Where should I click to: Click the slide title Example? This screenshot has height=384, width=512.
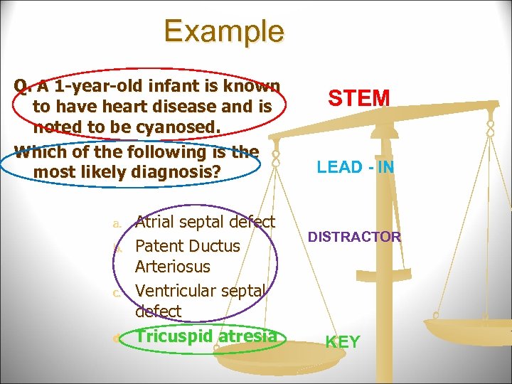(x=224, y=31)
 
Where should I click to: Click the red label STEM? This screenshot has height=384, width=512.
(x=359, y=97)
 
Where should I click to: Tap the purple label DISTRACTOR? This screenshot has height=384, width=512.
(x=354, y=237)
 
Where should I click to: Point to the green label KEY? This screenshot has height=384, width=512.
(x=342, y=342)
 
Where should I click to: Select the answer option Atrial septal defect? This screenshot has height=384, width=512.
(x=205, y=222)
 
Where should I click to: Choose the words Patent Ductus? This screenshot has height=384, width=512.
(x=188, y=246)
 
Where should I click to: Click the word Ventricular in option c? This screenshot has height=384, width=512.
(x=180, y=291)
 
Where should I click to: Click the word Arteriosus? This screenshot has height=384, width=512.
(x=173, y=267)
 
